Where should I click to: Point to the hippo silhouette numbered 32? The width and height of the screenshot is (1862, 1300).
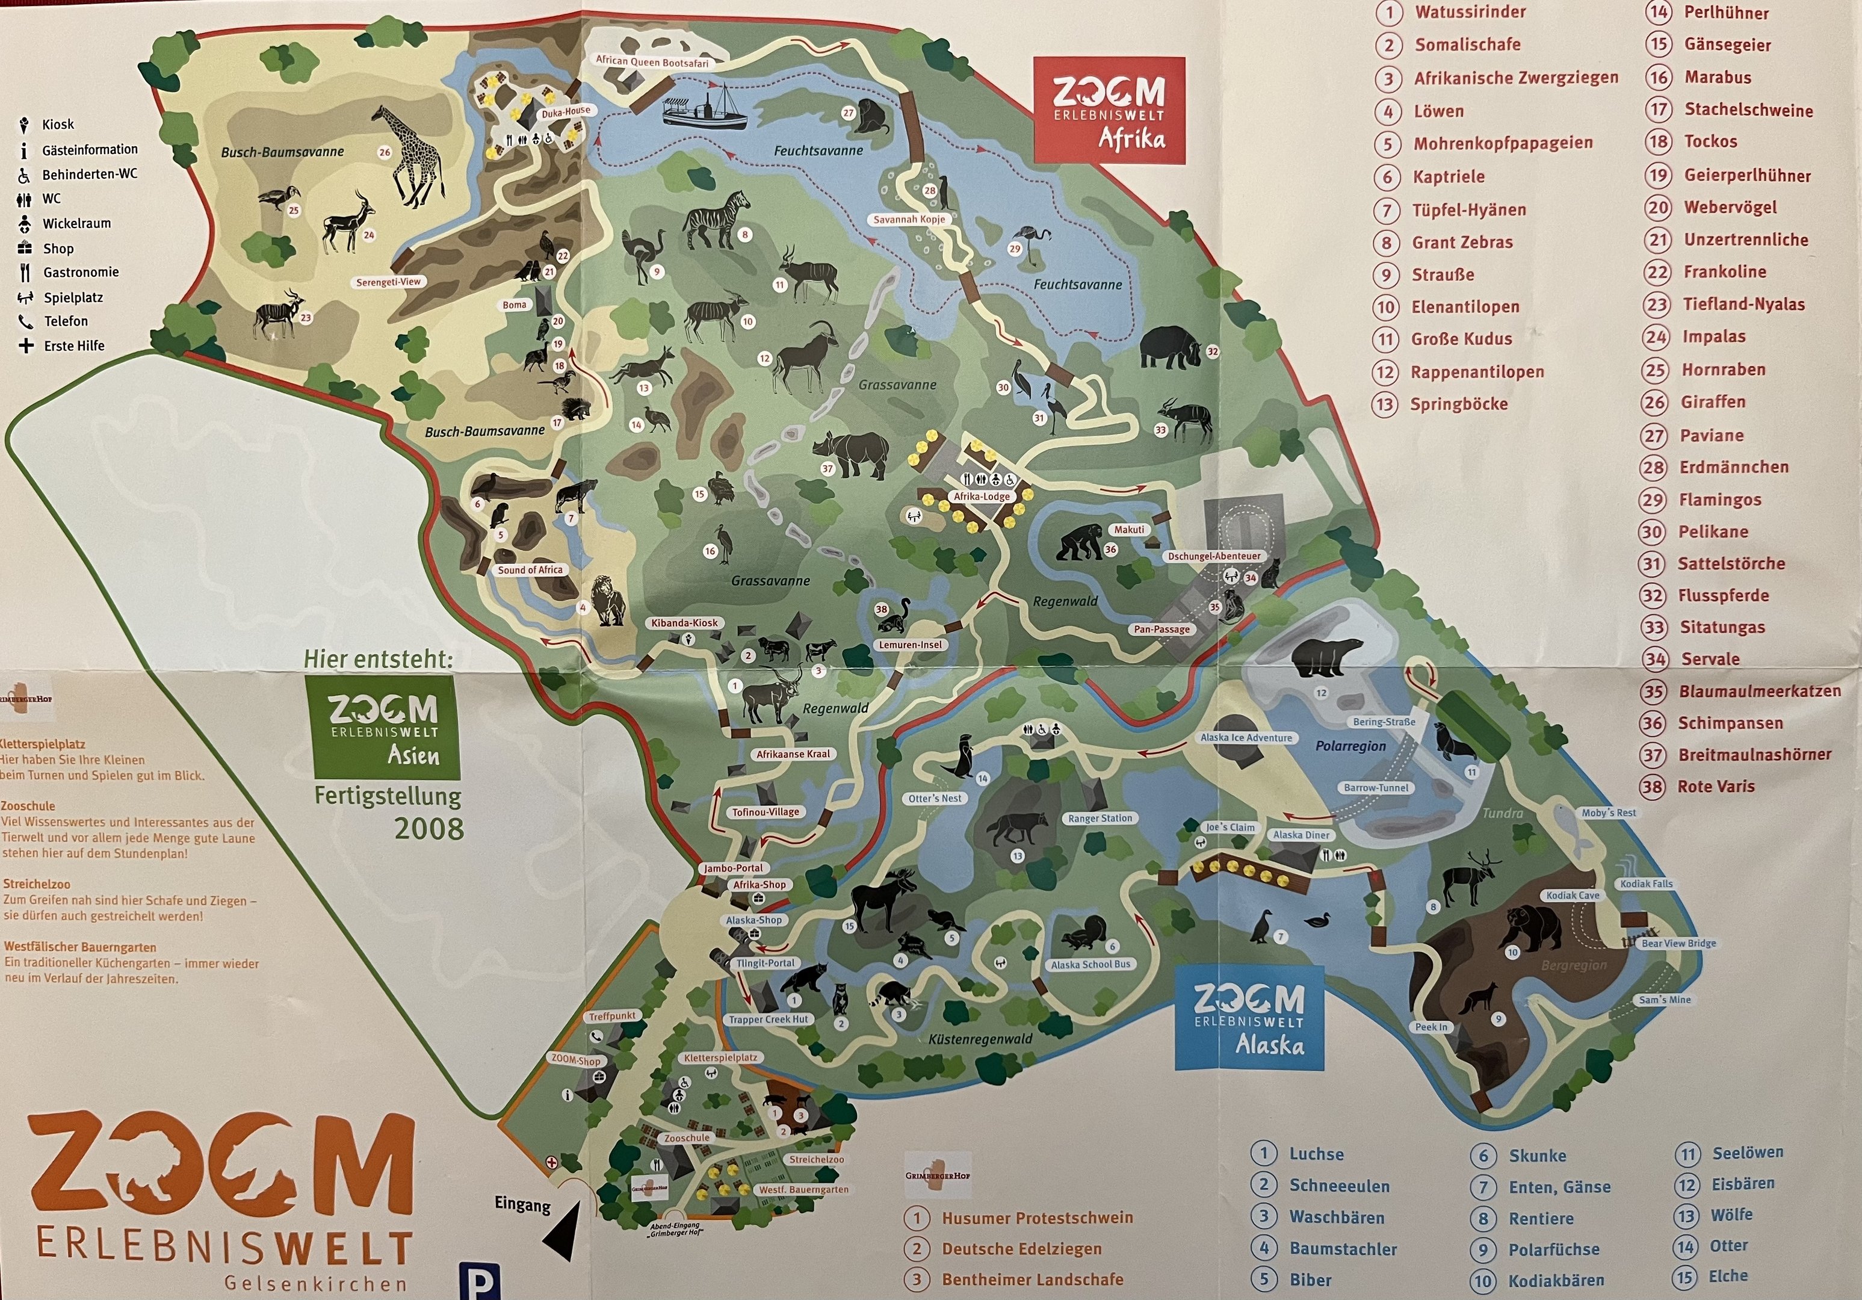click(1169, 348)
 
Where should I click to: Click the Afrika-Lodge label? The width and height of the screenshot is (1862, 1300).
click(982, 497)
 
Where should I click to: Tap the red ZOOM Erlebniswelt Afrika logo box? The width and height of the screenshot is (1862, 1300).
click(1109, 111)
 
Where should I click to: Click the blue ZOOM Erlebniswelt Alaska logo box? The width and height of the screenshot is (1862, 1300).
click(1249, 1018)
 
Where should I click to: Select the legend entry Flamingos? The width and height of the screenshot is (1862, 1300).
click(1719, 500)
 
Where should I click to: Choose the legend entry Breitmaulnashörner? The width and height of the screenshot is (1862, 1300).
click(1754, 755)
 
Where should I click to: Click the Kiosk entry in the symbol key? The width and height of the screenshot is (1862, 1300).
click(57, 124)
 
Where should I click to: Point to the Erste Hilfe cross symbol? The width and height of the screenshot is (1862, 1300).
click(26, 346)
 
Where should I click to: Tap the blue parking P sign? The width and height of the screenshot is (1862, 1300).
click(478, 1281)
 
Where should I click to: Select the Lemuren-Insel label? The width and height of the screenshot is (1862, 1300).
click(910, 645)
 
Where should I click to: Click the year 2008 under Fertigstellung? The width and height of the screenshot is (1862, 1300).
click(428, 829)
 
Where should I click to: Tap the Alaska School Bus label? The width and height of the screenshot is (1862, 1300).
click(1089, 965)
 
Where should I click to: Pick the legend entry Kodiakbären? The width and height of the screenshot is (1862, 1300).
click(1556, 1281)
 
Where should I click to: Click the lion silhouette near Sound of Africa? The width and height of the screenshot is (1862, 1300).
click(607, 602)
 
